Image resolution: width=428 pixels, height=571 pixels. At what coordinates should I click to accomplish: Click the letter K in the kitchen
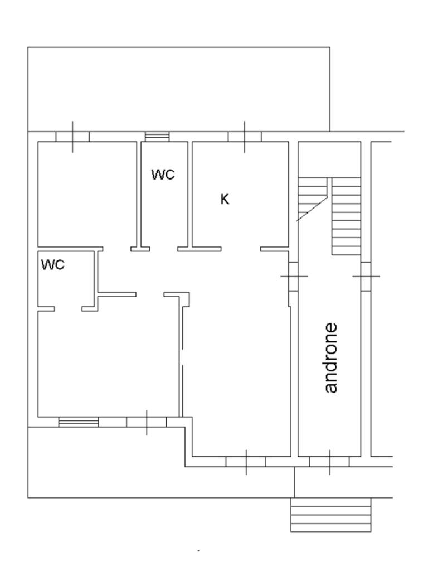225,199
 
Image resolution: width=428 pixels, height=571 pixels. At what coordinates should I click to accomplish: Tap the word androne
331,357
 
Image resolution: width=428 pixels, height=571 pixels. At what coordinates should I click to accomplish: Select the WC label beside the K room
163,175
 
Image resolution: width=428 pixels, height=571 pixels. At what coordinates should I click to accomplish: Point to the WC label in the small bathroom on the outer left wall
53,265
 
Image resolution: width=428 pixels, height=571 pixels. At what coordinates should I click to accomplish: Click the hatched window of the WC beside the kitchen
157,137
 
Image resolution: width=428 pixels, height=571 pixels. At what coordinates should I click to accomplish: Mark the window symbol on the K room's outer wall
245,137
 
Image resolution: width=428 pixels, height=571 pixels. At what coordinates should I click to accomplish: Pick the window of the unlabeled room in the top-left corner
72,137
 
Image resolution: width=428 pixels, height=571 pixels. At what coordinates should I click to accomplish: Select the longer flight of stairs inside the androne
347,217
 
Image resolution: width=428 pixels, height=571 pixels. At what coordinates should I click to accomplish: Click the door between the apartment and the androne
293,277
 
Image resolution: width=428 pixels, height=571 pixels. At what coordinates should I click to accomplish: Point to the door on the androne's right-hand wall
366,276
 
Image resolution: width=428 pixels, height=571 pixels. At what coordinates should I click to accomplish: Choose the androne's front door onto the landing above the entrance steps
329,462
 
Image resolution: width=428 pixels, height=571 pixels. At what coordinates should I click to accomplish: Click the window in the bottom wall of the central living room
246,462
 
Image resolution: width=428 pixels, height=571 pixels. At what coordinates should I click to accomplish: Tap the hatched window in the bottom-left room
79,422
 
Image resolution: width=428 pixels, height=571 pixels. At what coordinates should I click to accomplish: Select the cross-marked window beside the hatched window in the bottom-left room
147,422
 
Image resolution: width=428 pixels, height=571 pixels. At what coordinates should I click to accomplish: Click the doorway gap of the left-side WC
68,308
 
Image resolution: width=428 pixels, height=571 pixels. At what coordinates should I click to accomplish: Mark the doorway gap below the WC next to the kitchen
164,248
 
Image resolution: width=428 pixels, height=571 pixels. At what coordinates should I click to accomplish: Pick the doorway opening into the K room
241,248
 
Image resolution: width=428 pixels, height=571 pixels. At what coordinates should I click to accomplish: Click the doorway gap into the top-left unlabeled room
117,248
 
